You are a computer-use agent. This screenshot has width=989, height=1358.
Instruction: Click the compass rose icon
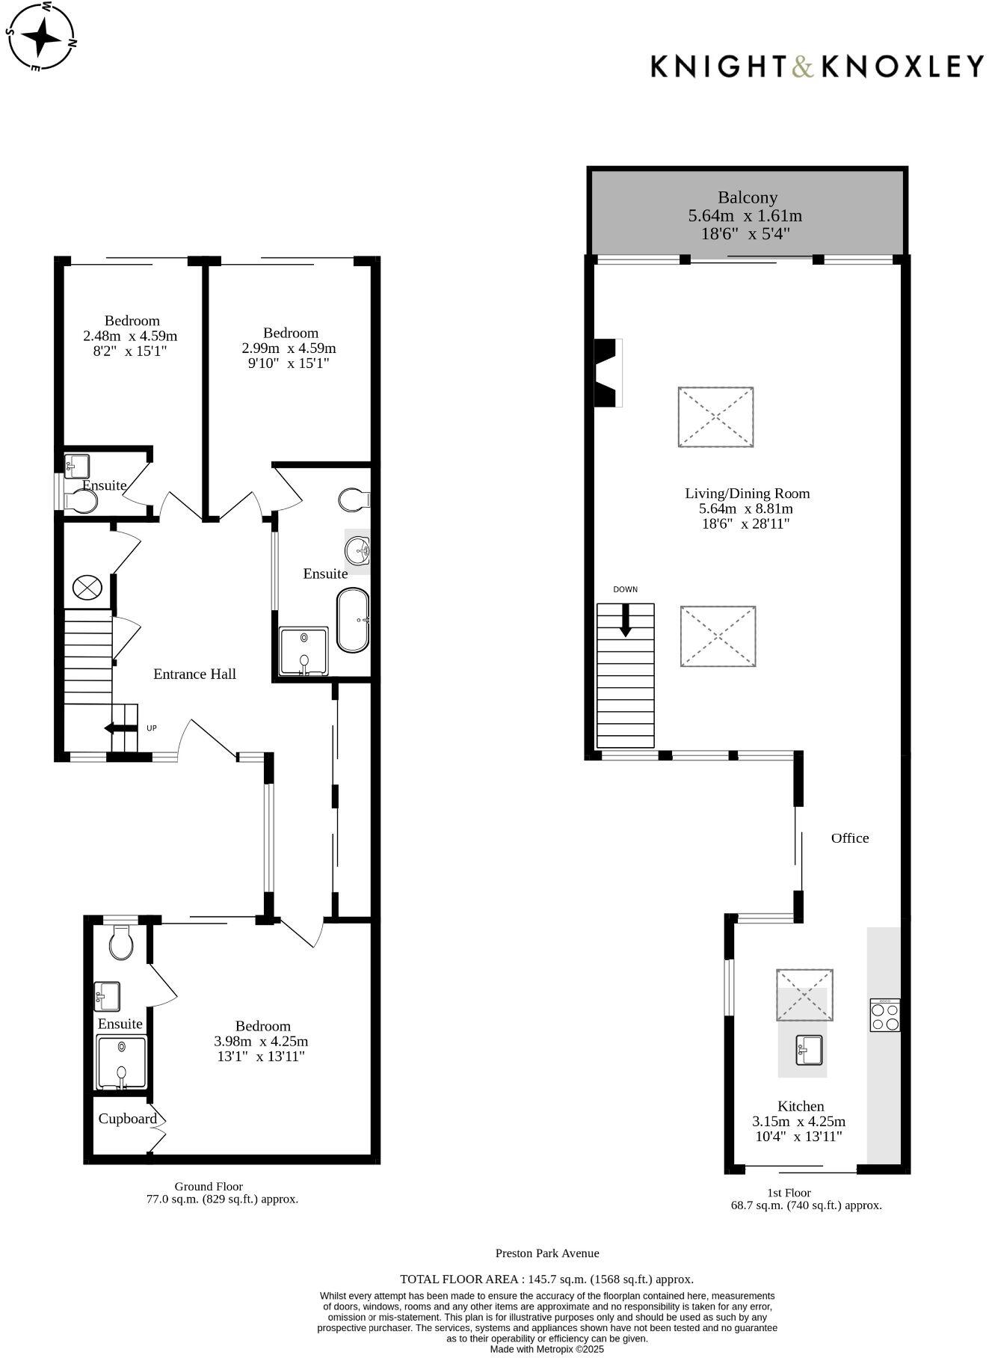[x=42, y=35]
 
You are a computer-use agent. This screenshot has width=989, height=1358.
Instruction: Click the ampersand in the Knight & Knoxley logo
[x=801, y=67]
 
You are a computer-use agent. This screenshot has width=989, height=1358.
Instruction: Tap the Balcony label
[x=747, y=198]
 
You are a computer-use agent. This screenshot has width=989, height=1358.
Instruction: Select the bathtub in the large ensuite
[x=353, y=620]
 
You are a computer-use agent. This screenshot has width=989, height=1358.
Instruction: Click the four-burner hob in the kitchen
[x=884, y=1015]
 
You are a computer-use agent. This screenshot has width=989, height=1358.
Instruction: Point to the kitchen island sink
[x=809, y=1049]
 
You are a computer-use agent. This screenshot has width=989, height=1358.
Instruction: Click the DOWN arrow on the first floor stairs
[x=625, y=621]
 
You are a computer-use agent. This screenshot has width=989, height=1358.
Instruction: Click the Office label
[x=849, y=838]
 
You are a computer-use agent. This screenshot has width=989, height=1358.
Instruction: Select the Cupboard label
[x=127, y=1119]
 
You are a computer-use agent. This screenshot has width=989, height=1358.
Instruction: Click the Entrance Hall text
[x=194, y=674]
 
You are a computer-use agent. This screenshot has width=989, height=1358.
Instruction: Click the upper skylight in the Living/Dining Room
[x=715, y=417]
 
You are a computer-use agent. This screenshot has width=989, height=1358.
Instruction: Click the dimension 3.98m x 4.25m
[x=261, y=1041]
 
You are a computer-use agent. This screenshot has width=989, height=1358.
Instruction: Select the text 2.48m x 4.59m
[x=131, y=336]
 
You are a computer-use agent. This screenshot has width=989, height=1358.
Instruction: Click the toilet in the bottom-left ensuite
[x=120, y=943]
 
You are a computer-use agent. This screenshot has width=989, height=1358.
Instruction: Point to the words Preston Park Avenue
[x=546, y=1253]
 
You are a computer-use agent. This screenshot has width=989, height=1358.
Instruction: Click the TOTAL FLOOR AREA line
[x=546, y=1279]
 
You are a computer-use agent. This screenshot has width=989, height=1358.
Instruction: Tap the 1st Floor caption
[x=789, y=1193]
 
